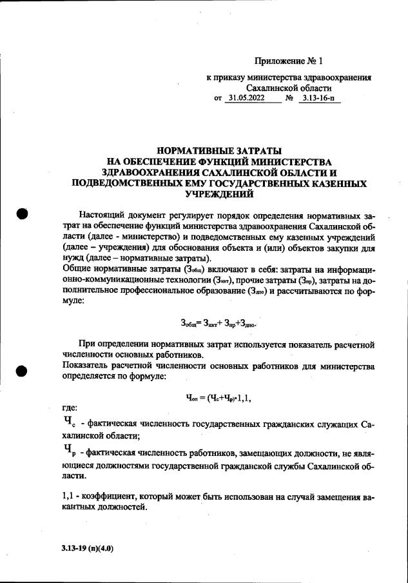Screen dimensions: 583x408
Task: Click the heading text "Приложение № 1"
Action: [x=288, y=61]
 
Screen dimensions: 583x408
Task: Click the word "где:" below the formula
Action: [x=66, y=408]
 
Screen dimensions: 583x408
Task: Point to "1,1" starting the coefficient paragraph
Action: [x=65, y=497]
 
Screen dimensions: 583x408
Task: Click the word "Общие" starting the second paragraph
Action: [x=73, y=269]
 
